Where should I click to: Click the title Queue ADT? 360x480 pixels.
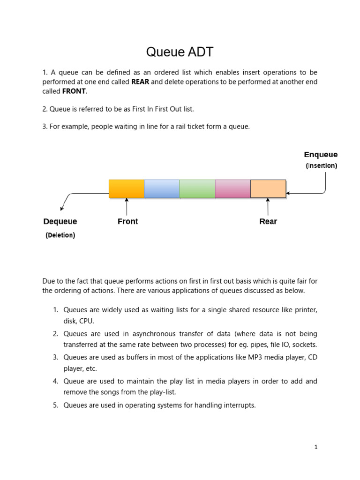(x=180, y=52)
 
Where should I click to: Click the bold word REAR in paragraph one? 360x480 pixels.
(x=140, y=82)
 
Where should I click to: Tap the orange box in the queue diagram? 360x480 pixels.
(x=127, y=188)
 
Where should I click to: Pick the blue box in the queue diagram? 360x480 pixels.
(x=162, y=188)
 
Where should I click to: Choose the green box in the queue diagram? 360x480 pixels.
(x=197, y=188)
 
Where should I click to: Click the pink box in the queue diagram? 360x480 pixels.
(x=233, y=188)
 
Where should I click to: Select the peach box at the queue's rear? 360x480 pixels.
(x=268, y=188)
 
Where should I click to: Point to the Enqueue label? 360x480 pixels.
(x=321, y=155)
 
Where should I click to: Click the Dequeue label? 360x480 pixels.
(x=60, y=221)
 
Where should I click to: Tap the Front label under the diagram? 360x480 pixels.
(x=127, y=221)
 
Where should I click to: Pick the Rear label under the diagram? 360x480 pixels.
(x=268, y=221)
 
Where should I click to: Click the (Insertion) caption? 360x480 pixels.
(x=321, y=165)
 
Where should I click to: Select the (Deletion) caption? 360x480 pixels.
(x=60, y=235)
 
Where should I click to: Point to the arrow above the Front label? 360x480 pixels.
(x=127, y=206)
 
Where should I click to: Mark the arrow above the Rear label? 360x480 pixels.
(x=268, y=206)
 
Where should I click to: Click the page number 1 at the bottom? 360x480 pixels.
(x=316, y=447)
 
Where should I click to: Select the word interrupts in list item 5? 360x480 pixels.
(x=240, y=405)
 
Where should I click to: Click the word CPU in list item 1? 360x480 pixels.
(x=87, y=321)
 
